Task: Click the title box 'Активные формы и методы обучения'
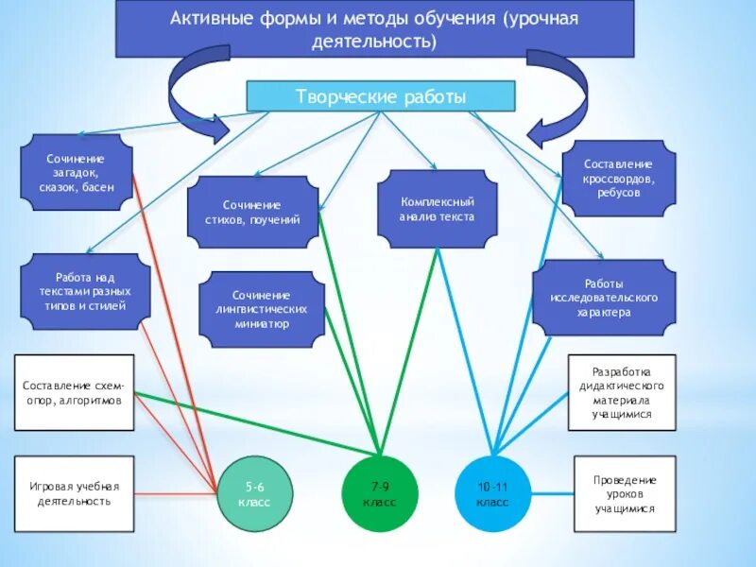point(373,30)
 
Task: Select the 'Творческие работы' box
point(380,96)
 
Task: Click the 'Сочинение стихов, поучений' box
point(252,212)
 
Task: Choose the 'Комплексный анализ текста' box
point(437,209)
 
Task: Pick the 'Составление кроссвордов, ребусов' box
point(619,178)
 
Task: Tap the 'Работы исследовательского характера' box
point(604,297)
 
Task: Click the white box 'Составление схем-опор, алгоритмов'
point(75,392)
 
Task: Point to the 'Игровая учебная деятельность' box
point(75,493)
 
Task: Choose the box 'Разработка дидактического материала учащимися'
point(621,392)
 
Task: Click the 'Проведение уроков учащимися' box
point(625,493)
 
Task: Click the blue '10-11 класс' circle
point(493,493)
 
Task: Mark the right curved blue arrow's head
point(541,133)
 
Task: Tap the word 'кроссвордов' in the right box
point(619,178)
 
